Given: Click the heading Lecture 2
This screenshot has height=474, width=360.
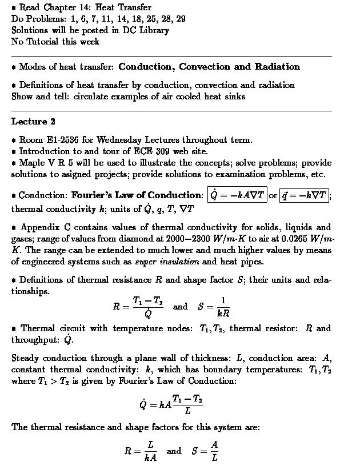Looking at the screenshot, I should click(x=33, y=122).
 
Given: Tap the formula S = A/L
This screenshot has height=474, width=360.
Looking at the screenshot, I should click(x=206, y=451).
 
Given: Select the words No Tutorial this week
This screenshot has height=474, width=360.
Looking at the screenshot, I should click(x=55, y=42).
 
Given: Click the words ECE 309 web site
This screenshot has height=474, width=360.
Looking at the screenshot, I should click(x=170, y=151).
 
